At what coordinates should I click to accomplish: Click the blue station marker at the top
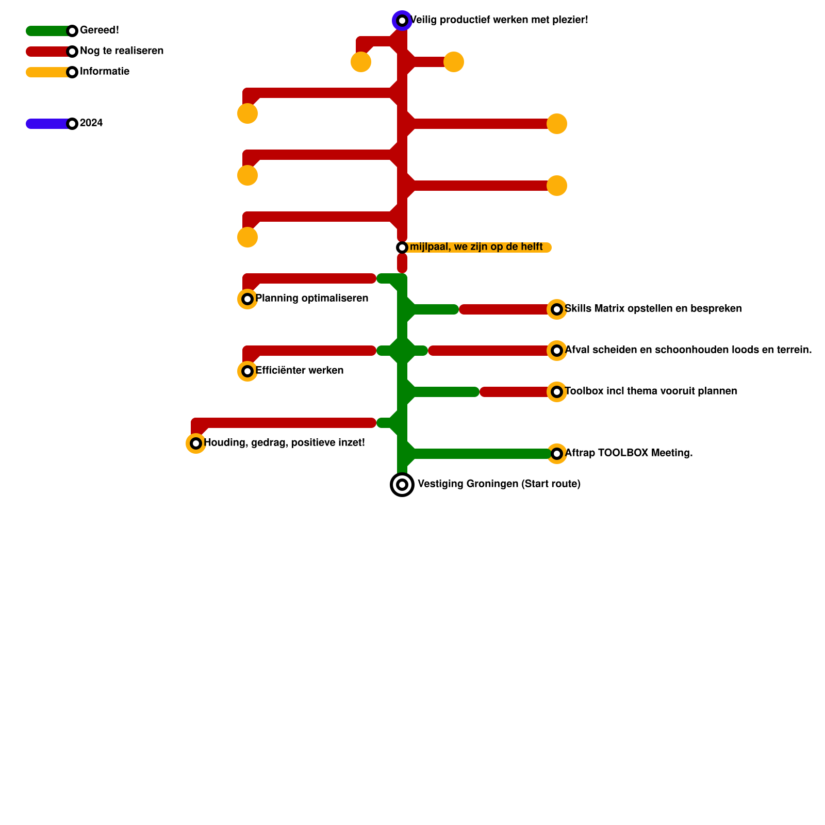(402, 21)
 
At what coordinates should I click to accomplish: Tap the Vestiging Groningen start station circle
(402, 485)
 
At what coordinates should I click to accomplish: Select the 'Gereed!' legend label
(100, 30)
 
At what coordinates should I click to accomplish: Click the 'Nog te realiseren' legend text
(122, 51)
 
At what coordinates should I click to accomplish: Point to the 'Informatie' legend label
(105, 72)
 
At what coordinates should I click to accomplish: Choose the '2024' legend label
(91, 123)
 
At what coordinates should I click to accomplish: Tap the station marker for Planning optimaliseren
(247, 299)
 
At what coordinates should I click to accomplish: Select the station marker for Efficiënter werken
(247, 371)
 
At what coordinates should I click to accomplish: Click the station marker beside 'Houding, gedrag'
(196, 443)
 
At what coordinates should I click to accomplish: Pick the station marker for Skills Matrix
(557, 309)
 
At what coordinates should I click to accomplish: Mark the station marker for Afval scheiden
(557, 351)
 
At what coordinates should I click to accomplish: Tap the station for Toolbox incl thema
(557, 392)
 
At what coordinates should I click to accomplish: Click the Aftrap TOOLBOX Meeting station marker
(557, 454)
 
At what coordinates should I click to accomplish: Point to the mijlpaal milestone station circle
(402, 247)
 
